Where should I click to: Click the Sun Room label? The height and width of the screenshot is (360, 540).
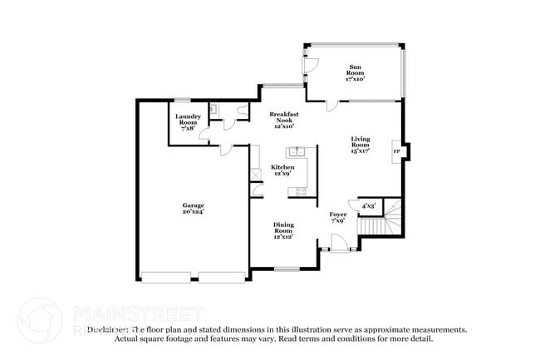355,72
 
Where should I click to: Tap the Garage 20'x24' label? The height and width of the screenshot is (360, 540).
194,208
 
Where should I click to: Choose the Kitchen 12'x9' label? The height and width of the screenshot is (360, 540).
281,170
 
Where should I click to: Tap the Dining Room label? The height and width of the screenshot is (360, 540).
283,230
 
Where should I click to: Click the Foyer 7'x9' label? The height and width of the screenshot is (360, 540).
338,217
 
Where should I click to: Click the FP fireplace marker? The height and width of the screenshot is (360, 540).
395,151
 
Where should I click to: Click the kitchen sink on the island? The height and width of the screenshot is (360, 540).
297,152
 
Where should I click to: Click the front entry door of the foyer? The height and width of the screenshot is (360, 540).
338,243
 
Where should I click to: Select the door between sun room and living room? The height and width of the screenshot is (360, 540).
331,104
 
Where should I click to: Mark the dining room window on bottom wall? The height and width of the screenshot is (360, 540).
287,268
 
